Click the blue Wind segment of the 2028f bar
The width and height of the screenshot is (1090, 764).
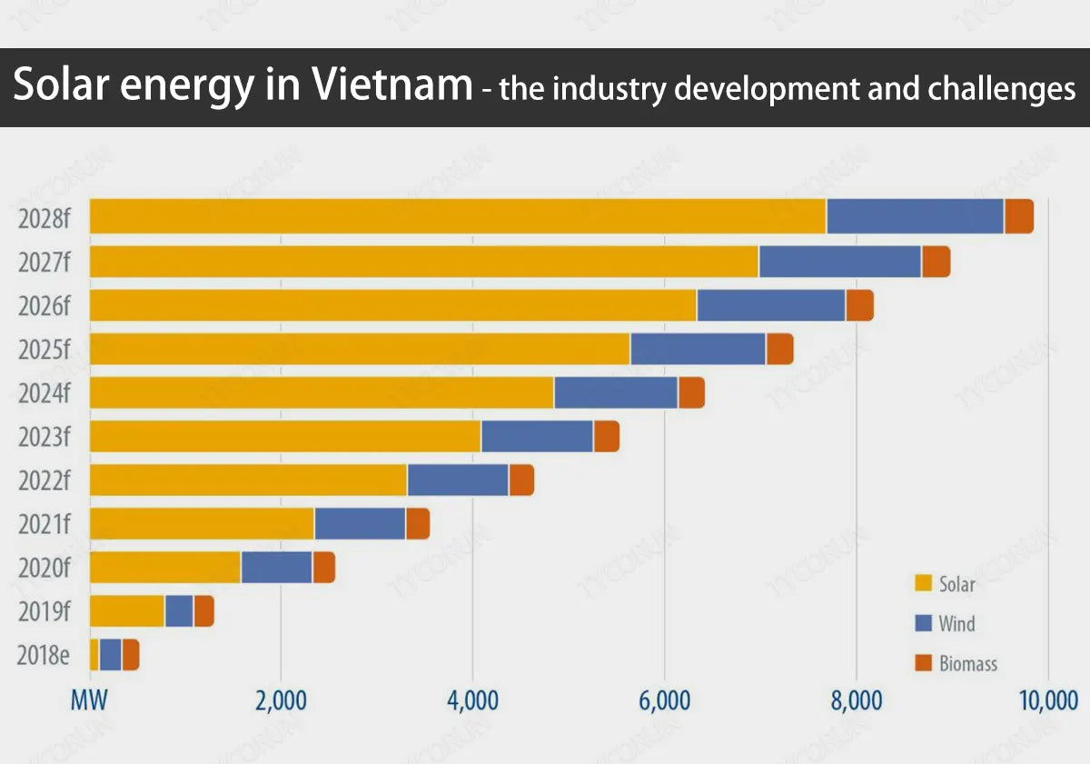pos(915,216)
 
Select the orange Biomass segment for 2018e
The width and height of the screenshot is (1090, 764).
pos(131,654)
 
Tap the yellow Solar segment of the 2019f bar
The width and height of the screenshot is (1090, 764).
pos(127,610)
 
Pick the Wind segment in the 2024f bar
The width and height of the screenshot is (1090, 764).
pos(616,392)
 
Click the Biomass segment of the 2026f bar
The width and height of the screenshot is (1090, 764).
pos(859,305)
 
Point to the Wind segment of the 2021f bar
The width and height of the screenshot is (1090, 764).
pos(360,523)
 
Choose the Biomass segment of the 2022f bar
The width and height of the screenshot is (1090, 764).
pos(521,480)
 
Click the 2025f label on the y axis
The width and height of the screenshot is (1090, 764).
pos(44,350)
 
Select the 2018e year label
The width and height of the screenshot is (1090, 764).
pos(44,655)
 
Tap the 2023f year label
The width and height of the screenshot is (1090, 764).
pos(44,437)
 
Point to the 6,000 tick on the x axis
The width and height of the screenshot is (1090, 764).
pos(665,701)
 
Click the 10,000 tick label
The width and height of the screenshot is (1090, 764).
pos(1047,701)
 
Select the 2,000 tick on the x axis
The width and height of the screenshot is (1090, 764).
pos(281,701)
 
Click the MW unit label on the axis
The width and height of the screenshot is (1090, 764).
pos(90,701)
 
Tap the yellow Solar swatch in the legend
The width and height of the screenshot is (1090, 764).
pos(924,583)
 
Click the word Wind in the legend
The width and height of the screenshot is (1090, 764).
pos(956,624)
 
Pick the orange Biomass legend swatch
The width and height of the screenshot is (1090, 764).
pos(924,664)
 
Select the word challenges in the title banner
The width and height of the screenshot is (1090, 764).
pos(1001,88)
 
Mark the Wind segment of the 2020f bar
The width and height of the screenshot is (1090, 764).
pos(276,567)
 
